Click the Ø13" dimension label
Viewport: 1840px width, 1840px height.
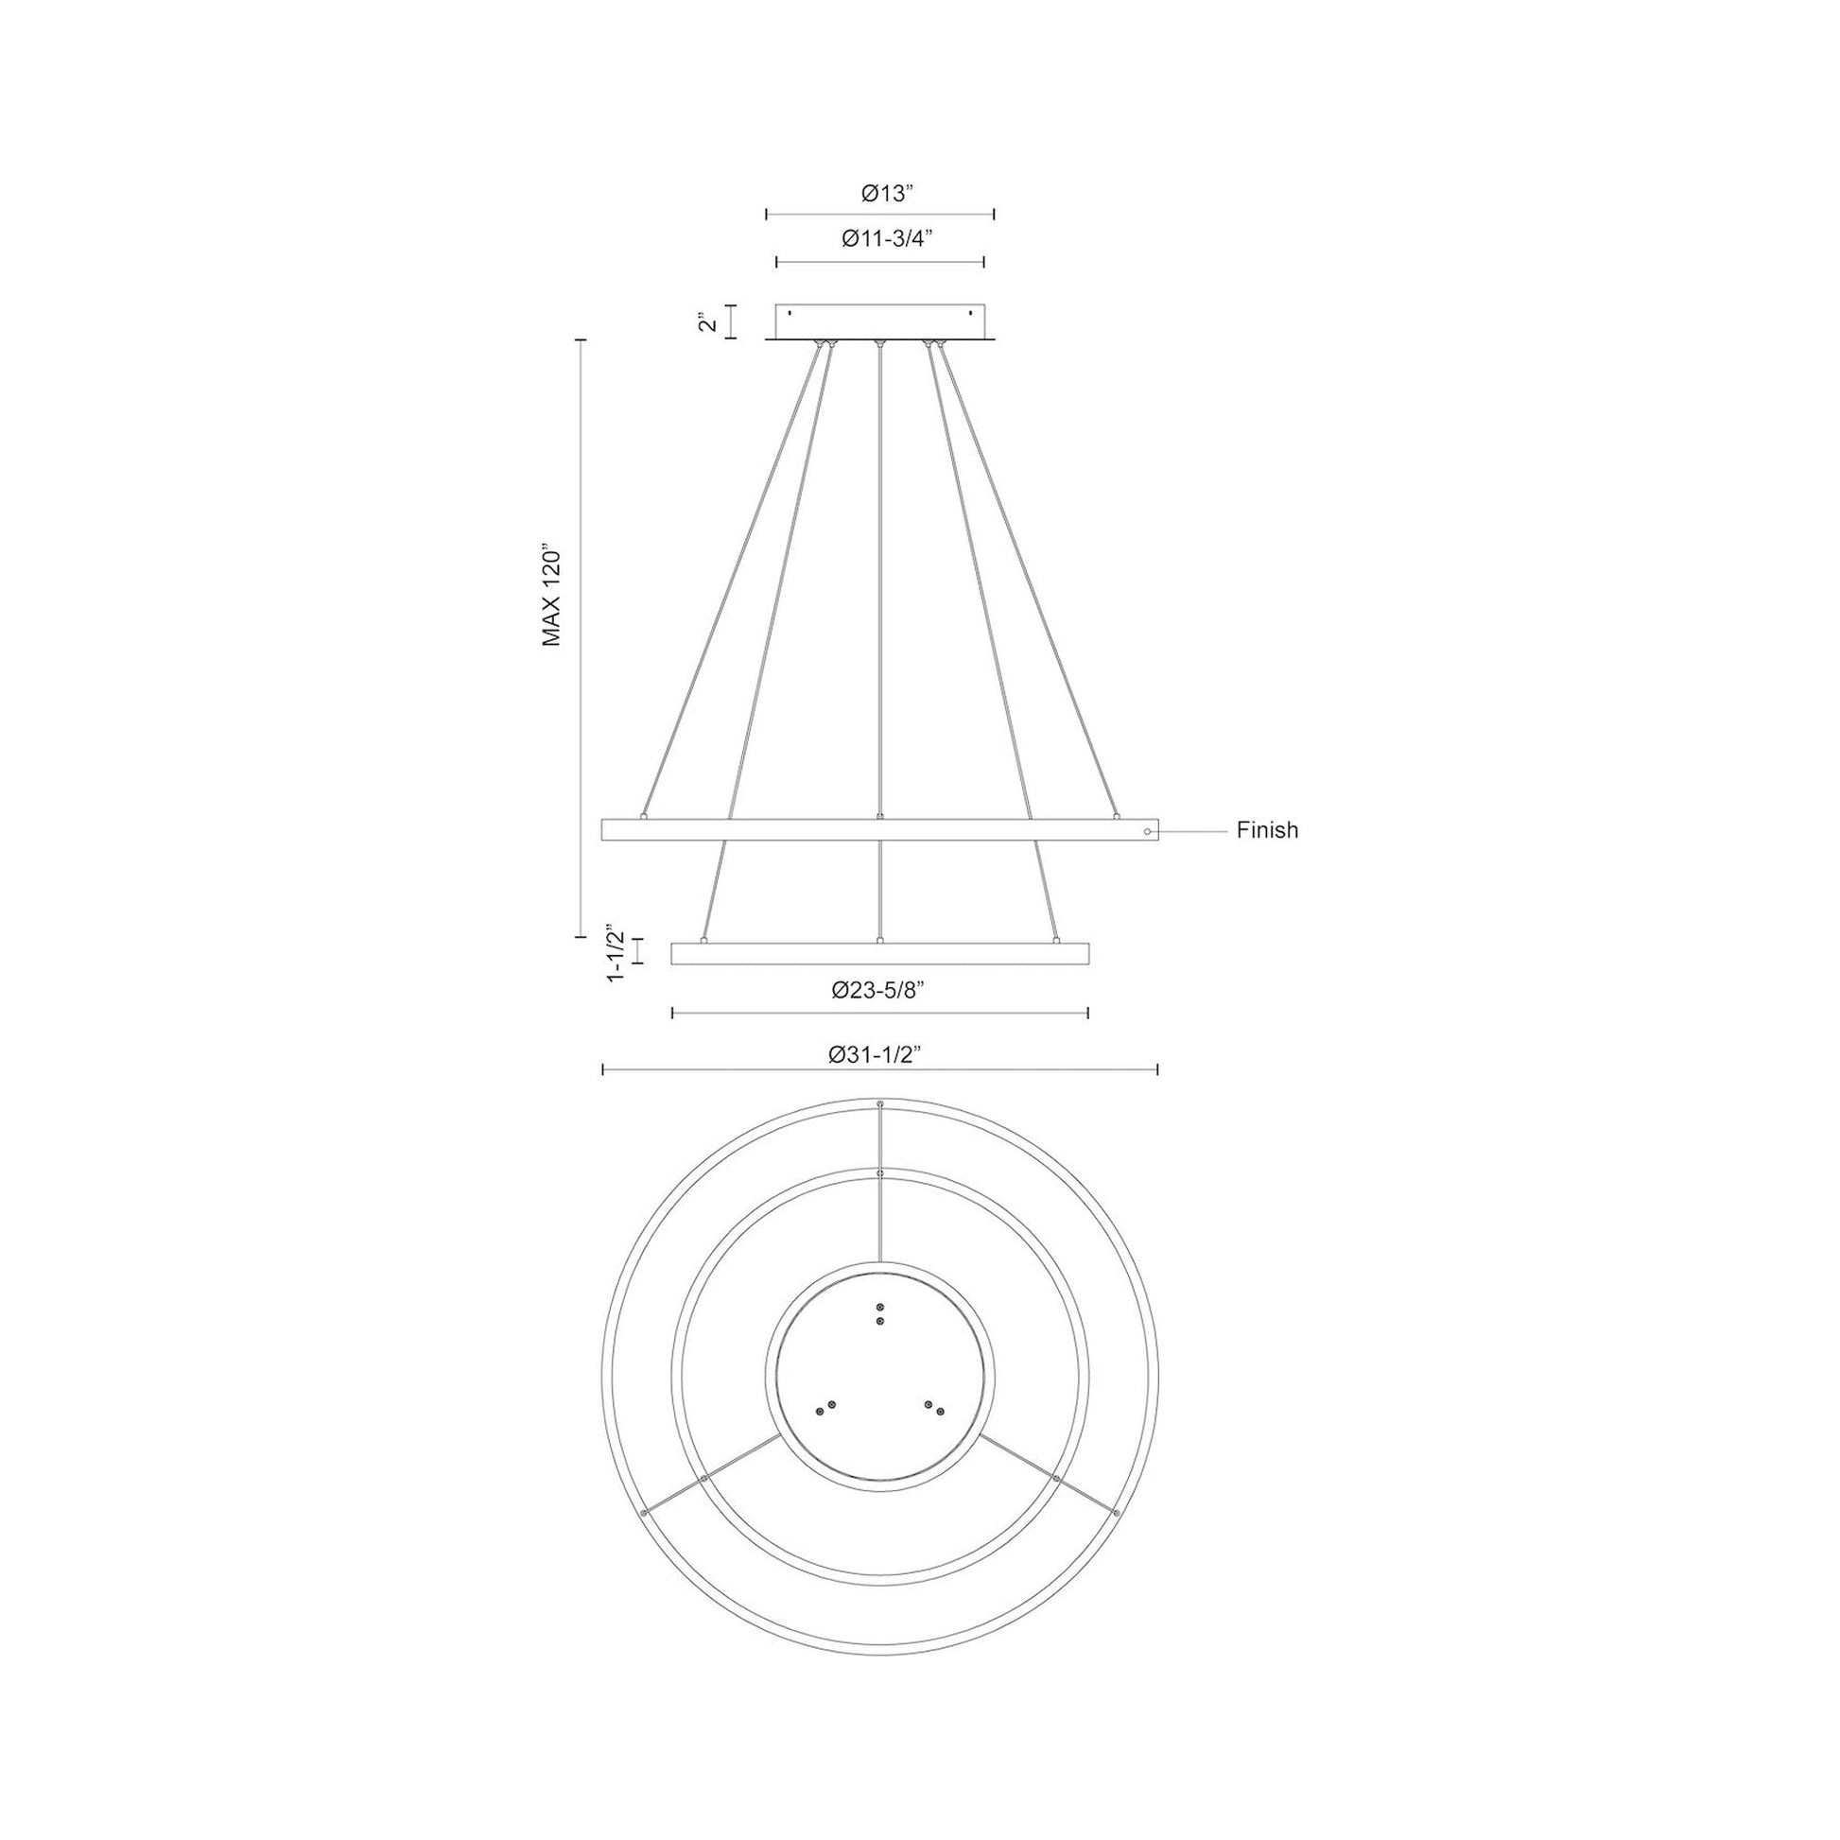(887, 194)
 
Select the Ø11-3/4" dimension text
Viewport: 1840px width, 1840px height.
(886, 240)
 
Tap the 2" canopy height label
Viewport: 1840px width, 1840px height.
(705, 321)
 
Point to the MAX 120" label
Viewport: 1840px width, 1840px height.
(552, 598)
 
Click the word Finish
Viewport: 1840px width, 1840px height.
(1267, 830)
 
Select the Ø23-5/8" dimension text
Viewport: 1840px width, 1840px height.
(879, 991)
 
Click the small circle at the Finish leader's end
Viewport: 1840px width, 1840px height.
(1149, 831)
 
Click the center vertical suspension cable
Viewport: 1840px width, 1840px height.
(879, 571)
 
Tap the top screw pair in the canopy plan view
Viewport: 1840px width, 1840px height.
(879, 1314)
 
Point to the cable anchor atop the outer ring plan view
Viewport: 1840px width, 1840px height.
(879, 1103)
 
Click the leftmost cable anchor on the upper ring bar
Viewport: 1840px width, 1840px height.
(645, 816)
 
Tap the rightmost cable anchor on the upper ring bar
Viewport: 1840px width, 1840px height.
(1116, 816)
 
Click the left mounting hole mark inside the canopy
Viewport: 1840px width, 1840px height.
(790, 312)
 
